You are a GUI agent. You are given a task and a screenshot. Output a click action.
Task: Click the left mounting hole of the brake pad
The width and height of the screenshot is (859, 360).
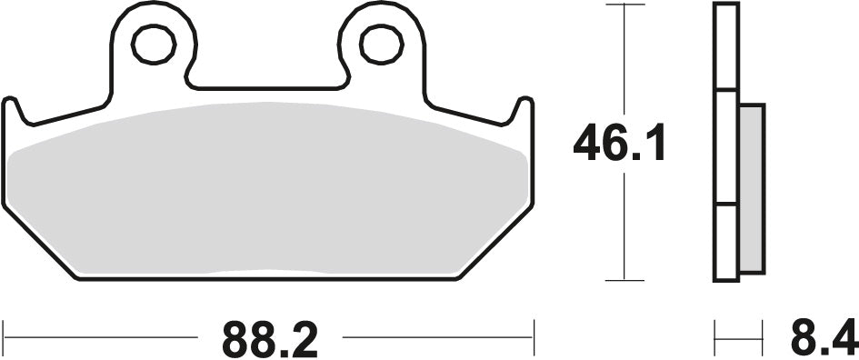tap(153, 44)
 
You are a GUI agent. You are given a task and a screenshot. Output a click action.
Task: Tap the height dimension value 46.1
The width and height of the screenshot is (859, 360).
tap(619, 145)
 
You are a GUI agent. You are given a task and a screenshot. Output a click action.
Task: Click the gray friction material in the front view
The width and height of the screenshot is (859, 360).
tap(268, 191)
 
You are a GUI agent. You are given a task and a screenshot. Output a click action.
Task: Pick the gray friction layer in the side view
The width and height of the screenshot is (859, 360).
tap(752, 186)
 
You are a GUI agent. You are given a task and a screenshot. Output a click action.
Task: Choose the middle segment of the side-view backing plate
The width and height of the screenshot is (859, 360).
tap(726, 145)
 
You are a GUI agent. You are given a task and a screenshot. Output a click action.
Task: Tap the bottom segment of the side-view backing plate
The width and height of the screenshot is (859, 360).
tap(726, 241)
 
